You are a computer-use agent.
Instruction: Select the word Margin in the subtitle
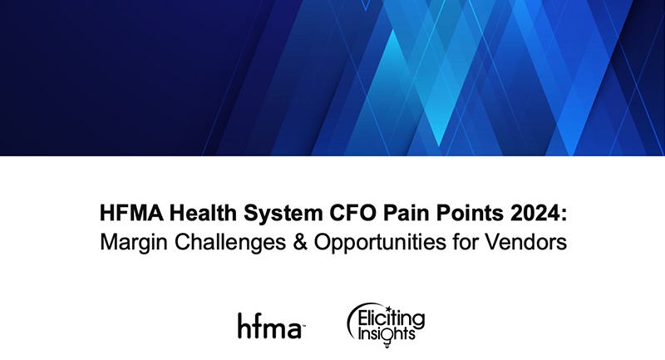click(131, 244)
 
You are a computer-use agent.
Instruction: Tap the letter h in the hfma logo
click(243, 323)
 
